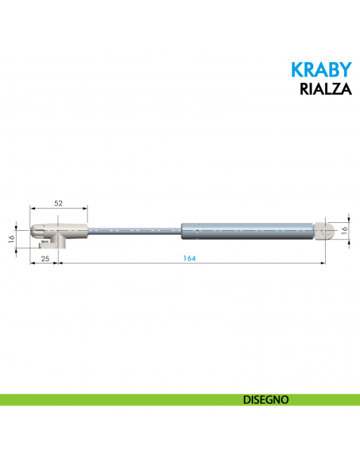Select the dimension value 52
coord(58,204)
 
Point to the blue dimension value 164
coord(189,259)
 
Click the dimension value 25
coord(45,259)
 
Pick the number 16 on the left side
coord(12,238)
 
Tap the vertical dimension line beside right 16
coord(350,229)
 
